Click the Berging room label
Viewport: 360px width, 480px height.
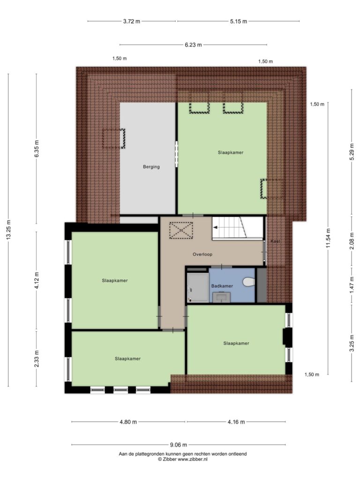pyautogui.click(x=151, y=167)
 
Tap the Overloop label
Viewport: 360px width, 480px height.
pyautogui.click(x=202, y=254)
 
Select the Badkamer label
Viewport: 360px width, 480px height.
pyautogui.click(x=222, y=286)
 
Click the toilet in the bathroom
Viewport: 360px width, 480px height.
pyautogui.click(x=249, y=282)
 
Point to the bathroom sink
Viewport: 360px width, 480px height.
pyautogui.click(x=221, y=297)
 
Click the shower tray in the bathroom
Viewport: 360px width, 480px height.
pyautogui.click(x=198, y=287)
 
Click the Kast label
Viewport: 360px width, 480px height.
pyautogui.click(x=275, y=241)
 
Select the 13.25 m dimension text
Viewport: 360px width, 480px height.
pyautogui.click(x=8, y=230)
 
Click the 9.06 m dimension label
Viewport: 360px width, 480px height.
pyautogui.click(x=179, y=445)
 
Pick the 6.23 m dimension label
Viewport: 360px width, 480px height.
pyautogui.click(x=193, y=45)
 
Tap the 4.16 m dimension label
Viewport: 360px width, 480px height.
pyautogui.click(x=236, y=422)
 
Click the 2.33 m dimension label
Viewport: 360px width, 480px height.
pyautogui.click(x=37, y=359)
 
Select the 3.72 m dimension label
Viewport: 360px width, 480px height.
pyautogui.click(x=132, y=22)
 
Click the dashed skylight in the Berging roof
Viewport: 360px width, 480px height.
pyautogui.click(x=113, y=138)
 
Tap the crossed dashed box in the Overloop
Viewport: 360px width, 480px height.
pyautogui.click(x=181, y=230)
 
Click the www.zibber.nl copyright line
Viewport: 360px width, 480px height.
pyautogui.click(x=182, y=459)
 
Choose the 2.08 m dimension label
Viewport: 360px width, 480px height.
pyautogui.click(x=352, y=241)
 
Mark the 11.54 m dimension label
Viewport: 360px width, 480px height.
pyautogui.click(x=328, y=238)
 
